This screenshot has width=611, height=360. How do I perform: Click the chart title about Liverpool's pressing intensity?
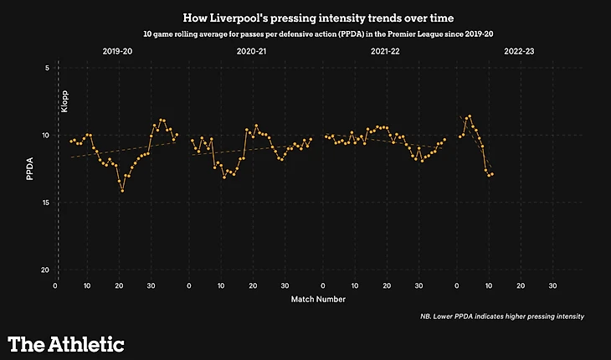(x=305, y=16)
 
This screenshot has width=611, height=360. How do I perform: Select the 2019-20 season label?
(x=117, y=52)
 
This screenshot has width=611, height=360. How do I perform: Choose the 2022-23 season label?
(x=520, y=52)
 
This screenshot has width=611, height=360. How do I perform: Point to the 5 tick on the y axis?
(x=47, y=68)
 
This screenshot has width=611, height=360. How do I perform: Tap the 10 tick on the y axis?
(x=45, y=136)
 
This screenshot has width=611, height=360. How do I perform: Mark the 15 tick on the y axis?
(x=45, y=203)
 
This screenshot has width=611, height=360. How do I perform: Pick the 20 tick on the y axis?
(x=45, y=270)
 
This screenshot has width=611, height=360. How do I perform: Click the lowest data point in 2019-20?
(x=122, y=191)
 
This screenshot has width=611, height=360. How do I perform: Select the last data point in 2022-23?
(x=492, y=174)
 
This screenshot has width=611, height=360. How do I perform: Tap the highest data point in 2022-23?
(x=470, y=116)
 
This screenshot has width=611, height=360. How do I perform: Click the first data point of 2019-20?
(x=71, y=141)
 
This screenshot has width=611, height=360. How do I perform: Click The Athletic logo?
(x=66, y=343)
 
